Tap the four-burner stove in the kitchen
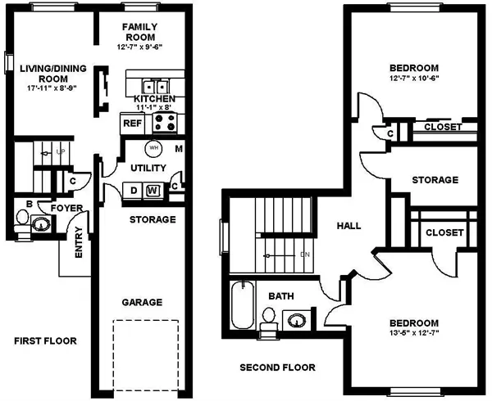[x=165, y=123]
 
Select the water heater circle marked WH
[x=154, y=148]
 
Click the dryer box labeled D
[x=134, y=191]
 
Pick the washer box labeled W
[x=153, y=191]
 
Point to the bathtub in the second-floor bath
[x=242, y=305]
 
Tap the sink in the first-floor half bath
[x=41, y=223]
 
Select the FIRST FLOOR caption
[x=45, y=341]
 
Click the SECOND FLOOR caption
[x=278, y=367]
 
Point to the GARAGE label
[x=142, y=303]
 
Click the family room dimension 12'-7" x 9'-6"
[x=140, y=47]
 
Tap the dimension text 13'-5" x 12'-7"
[x=414, y=332]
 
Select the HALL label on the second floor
[x=349, y=226]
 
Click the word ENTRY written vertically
[x=79, y=242]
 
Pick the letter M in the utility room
[x=179, y=149]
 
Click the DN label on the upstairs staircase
[x=305, y=255]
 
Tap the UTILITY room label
[x=148, y=168]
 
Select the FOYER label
[x=67, y=208]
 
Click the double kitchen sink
[x=156, y=86]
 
